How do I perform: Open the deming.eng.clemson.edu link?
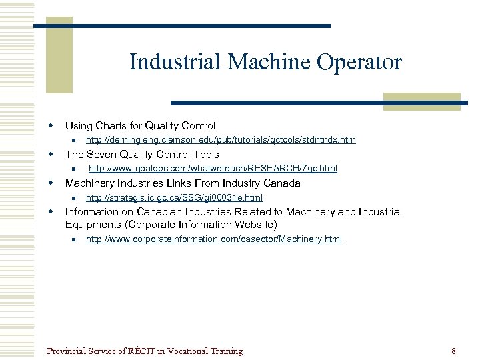[x=221, y=140]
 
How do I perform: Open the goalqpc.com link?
[x=213, y=169]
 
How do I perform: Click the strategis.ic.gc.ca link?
[x=174, y=197]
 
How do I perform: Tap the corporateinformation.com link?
[x=213, y=239]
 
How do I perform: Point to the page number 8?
[x=453, y=351]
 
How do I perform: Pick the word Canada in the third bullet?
[x=281, y=183]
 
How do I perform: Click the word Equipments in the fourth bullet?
[x=93, y=224]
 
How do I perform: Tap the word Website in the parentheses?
[x=255, y=224]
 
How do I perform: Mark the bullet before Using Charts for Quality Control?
[x=49, y=125]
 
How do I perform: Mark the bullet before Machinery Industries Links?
[x=49, y=183]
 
